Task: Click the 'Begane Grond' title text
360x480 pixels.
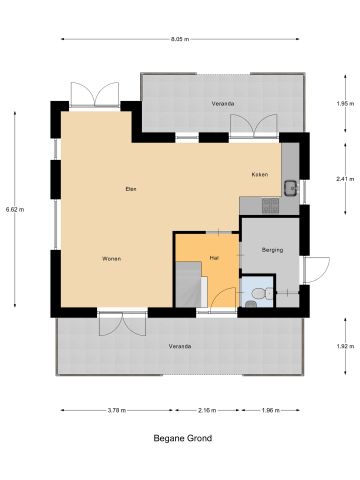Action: click(182, 437)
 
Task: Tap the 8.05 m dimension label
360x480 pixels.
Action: click(180, 39)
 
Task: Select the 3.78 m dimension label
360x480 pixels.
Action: click(116, 410)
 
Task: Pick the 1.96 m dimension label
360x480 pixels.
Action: click(271, 410)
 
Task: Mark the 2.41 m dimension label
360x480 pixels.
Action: click(342, 179)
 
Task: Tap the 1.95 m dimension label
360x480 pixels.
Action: click(342, 103)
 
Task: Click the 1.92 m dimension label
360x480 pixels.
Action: click(342, 346)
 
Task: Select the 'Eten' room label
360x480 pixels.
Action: click(130, 188)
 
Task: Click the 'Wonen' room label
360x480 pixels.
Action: click(111, 258)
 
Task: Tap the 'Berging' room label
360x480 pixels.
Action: click(272, 249)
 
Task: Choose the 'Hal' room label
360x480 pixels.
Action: click(214, 258)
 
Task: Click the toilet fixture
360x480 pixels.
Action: click(260, 293)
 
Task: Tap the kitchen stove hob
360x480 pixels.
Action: click(268, 205)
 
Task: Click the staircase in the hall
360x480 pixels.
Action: click(189, 284)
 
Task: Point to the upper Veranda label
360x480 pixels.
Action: click(222, 102)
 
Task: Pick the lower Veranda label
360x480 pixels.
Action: click(180, 346)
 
